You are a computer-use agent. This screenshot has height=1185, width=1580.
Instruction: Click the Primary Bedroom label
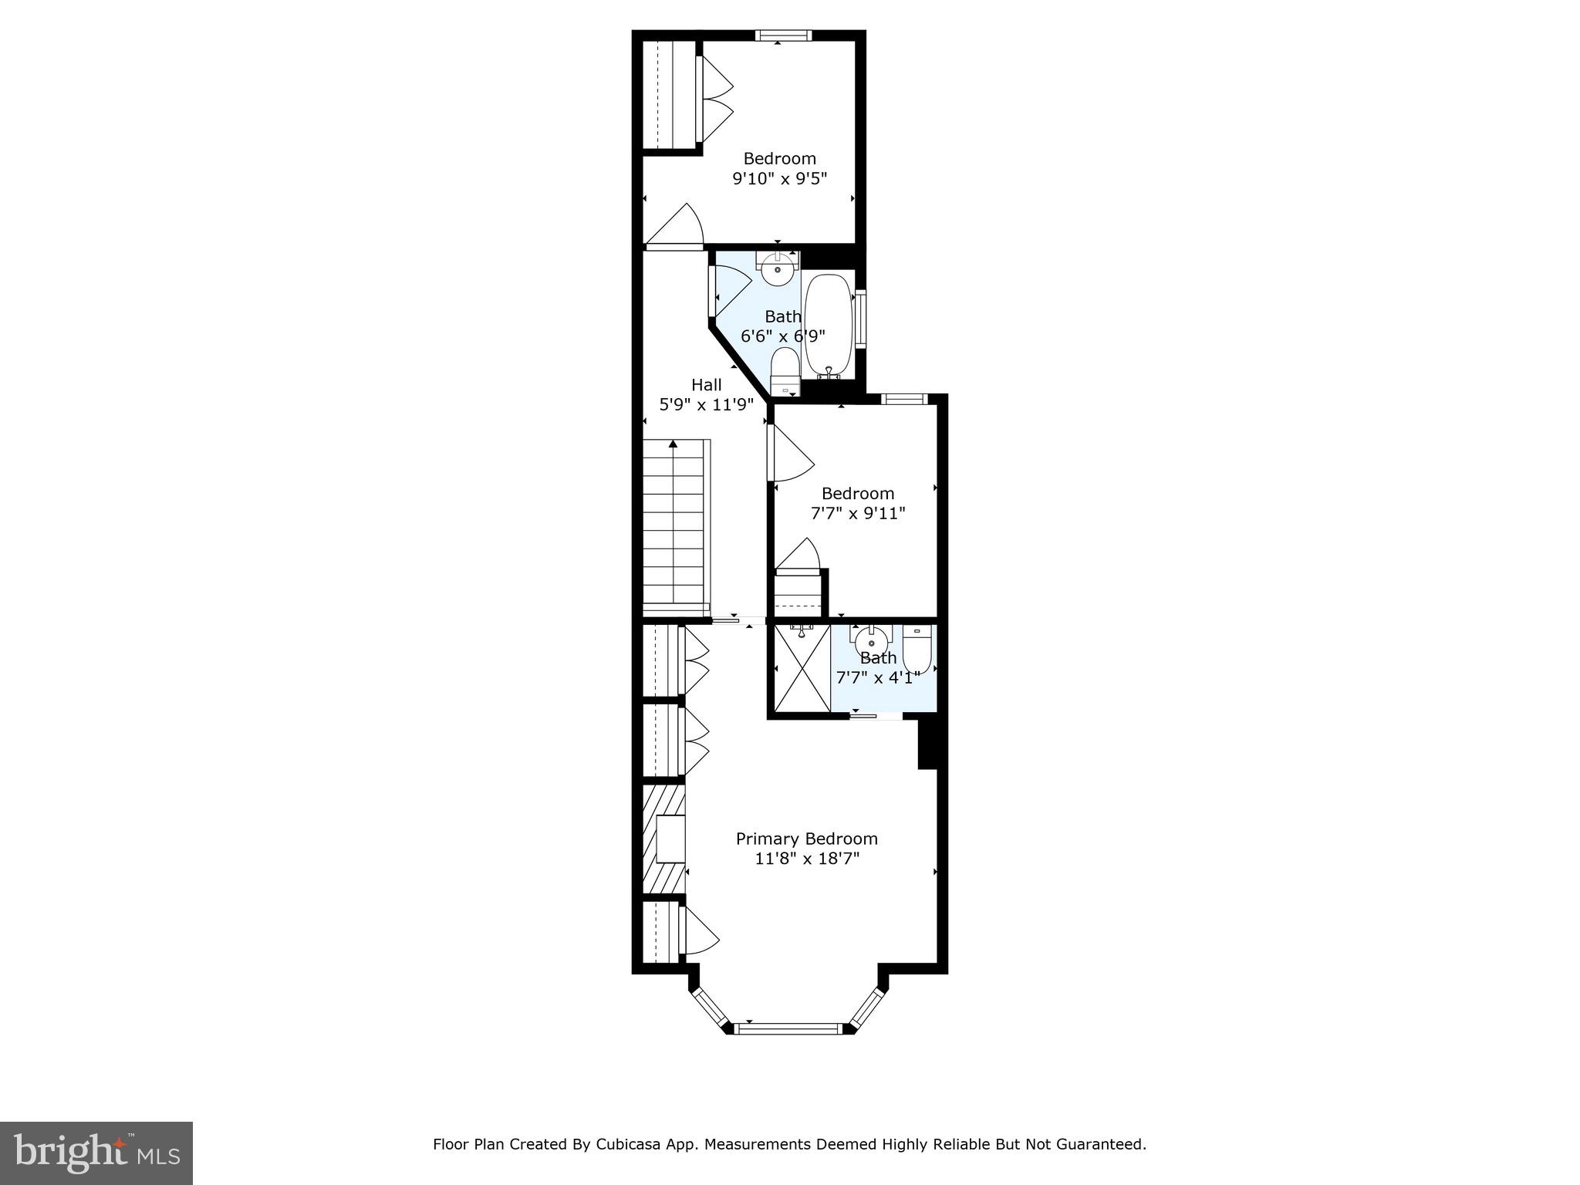806,839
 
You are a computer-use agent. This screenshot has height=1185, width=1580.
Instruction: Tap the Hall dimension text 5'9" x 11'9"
706,404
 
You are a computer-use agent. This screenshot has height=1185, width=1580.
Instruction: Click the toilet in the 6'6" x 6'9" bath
785,371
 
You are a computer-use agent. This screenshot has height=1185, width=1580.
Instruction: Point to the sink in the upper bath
778,270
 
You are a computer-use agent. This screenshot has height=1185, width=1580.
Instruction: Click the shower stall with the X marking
802,668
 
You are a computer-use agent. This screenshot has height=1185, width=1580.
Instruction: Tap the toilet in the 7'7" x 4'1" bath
917,650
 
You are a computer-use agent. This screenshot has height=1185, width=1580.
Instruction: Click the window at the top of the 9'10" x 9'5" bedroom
783,35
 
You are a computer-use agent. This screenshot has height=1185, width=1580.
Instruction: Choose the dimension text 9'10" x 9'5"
779,179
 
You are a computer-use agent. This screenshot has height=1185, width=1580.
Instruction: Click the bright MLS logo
96,1153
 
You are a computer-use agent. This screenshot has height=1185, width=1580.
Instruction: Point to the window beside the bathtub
860,319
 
